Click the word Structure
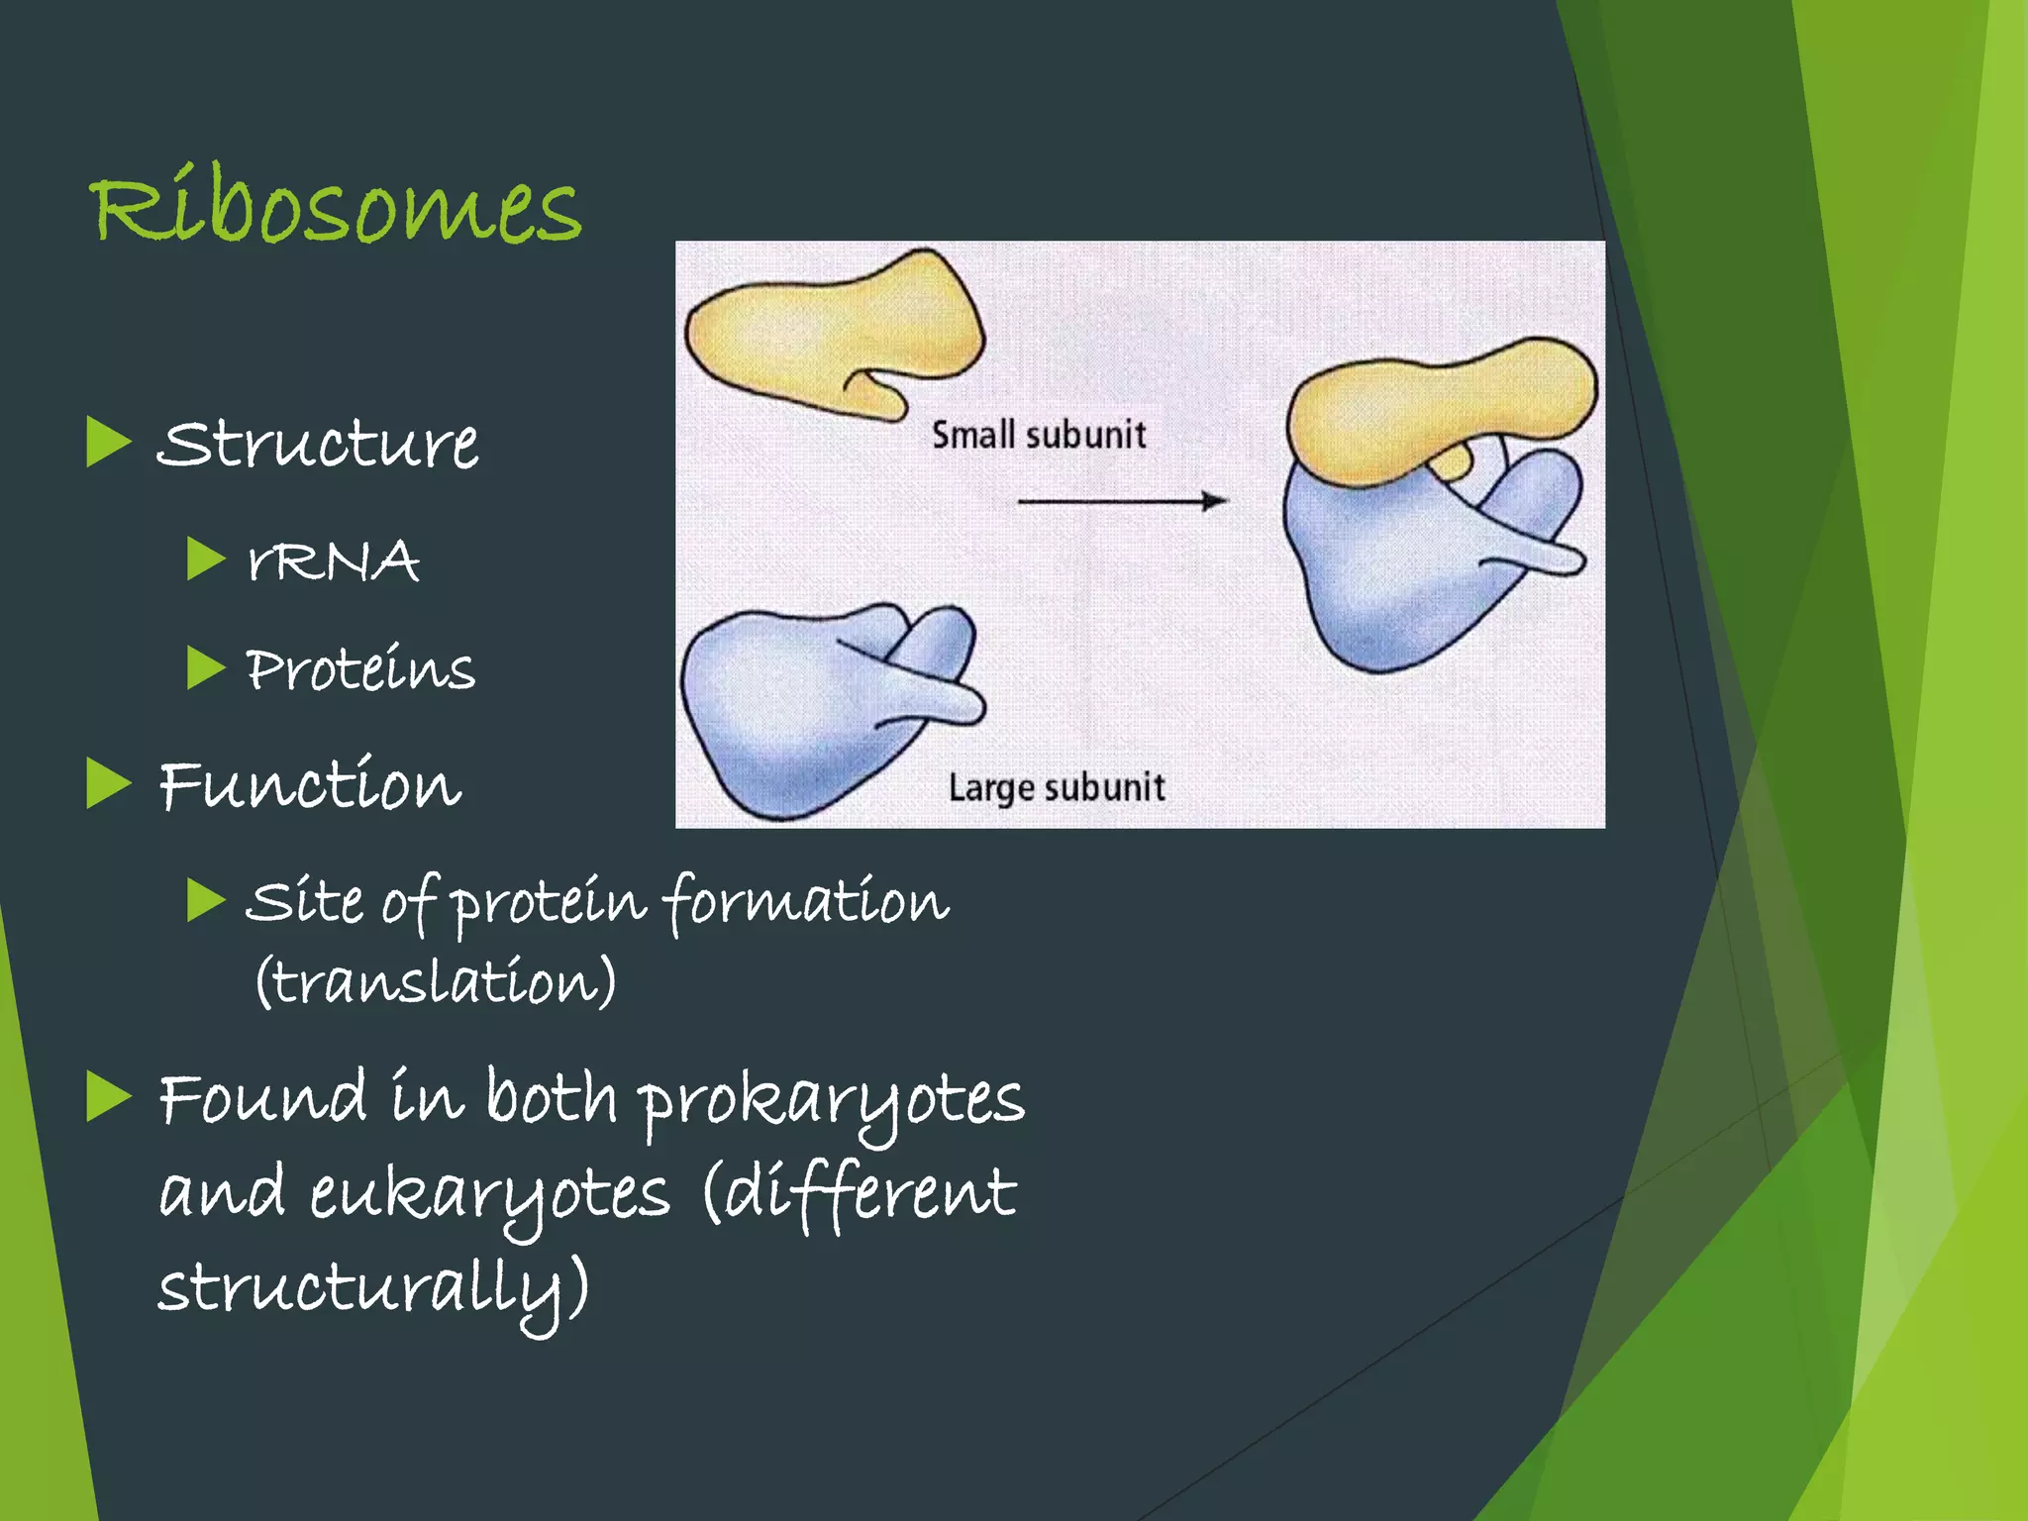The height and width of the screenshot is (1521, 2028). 318,444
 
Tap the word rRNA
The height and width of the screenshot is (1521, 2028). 334,560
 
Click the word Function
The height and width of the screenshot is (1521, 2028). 310,785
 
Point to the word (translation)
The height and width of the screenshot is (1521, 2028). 436,982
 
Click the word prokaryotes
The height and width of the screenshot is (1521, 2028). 830,1101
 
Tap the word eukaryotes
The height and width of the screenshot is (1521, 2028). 490,1194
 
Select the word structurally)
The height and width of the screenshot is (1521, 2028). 373,1287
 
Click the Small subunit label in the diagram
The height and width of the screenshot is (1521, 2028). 1039,435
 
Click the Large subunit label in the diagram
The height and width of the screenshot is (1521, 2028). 1056,788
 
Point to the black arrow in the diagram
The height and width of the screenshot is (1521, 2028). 1122,501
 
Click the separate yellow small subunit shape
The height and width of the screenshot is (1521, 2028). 827,332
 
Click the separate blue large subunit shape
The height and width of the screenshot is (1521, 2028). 802,708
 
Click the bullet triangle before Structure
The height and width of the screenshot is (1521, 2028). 108,442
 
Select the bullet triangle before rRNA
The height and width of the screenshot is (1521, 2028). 206,559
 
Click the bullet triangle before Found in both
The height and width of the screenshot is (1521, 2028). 108,1096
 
